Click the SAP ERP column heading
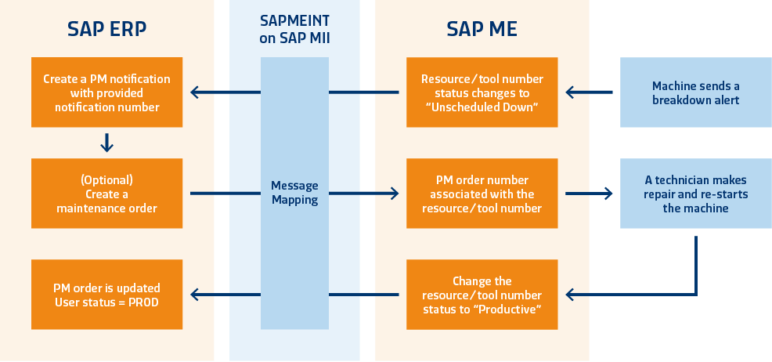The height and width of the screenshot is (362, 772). click(107, 29)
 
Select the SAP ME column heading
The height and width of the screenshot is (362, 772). click(482, 29)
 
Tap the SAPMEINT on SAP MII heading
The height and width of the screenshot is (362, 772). click(294, 29)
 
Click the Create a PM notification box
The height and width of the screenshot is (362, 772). click(107, 92)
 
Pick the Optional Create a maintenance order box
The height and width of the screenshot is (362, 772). click(107, 194)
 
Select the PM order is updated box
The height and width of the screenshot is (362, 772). click(107, 295)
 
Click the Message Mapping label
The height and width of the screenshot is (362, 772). click(294, 193)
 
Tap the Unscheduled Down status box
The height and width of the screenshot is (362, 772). click(482, 92)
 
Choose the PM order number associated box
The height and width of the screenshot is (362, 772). click(482, 194)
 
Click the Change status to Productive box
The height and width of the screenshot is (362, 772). click(482, 295)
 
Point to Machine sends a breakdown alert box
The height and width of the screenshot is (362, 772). click(695, 92)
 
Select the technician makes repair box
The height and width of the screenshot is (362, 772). click(695, 194)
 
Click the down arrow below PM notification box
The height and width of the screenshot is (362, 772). click(107, 143)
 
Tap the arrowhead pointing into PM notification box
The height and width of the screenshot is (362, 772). click(196, 92)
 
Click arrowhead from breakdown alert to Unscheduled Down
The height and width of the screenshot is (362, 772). click(572, 92)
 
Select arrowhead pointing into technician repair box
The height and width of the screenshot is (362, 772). click(608, 193)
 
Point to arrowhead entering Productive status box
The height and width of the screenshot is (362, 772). click(572, 295)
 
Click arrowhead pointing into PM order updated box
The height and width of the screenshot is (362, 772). click(196, 295)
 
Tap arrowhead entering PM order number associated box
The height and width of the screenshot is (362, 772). click(394, 193)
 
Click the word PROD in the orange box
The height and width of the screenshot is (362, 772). click(142, 302)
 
